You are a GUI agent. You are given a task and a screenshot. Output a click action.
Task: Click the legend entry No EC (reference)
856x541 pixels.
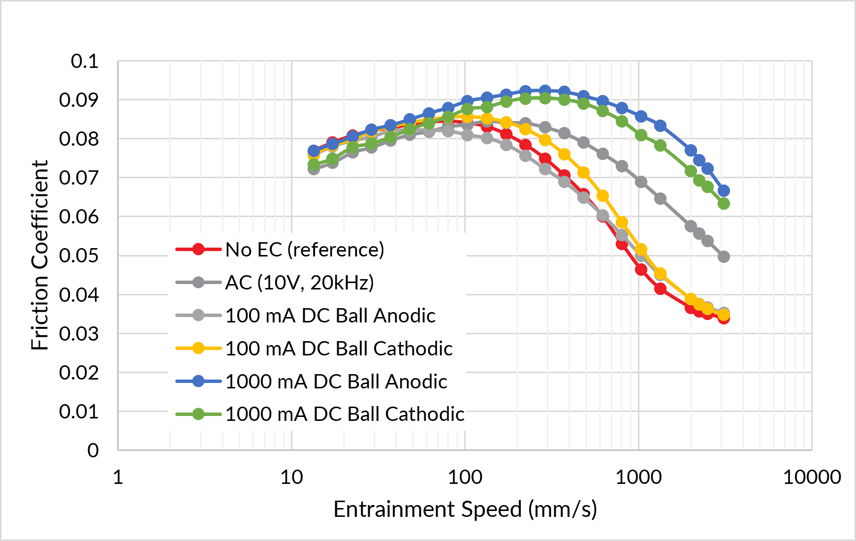pyautogui.click(x=280, y=250)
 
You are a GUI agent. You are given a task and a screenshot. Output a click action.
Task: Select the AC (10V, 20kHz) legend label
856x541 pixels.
pyautogui.click(x=275, y=283)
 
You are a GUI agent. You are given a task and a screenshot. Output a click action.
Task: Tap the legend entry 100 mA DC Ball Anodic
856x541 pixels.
pyautogui.click(x=305, y=316)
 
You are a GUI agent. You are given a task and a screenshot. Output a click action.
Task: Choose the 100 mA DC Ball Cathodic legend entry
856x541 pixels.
pyautogui.click(x=314, y=349)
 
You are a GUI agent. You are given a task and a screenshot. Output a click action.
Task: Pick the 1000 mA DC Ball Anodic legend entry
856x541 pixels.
pyautogui.click(x=311, y=382)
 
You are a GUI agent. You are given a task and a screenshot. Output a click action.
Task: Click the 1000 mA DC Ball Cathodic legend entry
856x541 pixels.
pyautogui.click(x=320, y=414)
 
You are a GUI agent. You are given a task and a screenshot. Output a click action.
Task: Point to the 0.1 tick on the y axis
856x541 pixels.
pyautogui.click(x=85, y=61)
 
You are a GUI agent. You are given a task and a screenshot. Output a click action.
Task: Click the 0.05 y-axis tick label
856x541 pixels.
pyautogui.click(x=79, y=255)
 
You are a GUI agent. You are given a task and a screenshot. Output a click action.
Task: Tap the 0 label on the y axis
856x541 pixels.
pyautogui.click(x=93, y=450)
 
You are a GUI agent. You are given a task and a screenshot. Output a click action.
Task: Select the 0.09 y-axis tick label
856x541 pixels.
pyautogui.click(x=79, y=100)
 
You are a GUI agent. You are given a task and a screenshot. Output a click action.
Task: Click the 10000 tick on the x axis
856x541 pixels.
pyautogui.click(x=812, y=477)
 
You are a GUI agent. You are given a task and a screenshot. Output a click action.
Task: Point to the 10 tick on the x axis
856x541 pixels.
pyautogui.click(x=291, y=477)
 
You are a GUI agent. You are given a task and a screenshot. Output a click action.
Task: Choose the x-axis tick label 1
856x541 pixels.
pyautogui.click(x=118, y=477)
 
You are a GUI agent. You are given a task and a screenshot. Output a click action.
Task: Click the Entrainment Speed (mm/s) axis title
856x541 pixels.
pyautogui.click(x=465, y=509)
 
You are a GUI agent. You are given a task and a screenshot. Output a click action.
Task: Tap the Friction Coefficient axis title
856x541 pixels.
pyautogui.click(x=39, y=255)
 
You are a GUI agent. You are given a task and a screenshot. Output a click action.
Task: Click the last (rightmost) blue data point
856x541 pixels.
pyautogui.click(x=724, y=191)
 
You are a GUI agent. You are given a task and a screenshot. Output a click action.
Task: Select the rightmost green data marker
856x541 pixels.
pyautogui.click(x=724, y=203)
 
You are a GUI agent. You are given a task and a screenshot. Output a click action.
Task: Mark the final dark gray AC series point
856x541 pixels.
pyautogui.click(x=724, y=256)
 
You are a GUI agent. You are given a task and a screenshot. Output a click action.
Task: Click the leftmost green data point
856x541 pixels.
pyautogui.click(x=314, y=164)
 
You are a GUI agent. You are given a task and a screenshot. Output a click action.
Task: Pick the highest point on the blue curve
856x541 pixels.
pyautogui.click(x=545, y=91)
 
